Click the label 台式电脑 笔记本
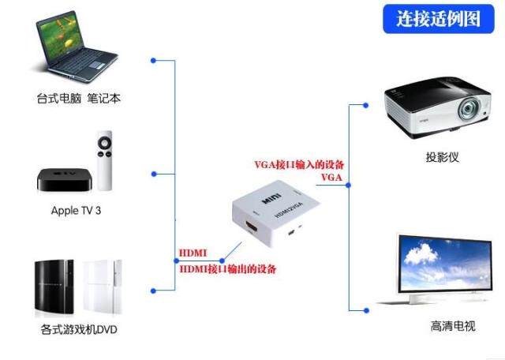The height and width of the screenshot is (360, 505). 78,99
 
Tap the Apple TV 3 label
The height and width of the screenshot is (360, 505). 76,211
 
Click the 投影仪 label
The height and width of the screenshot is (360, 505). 441,157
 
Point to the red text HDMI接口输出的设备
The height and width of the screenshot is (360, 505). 228,270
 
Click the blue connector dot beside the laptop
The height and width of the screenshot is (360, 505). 153,59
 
